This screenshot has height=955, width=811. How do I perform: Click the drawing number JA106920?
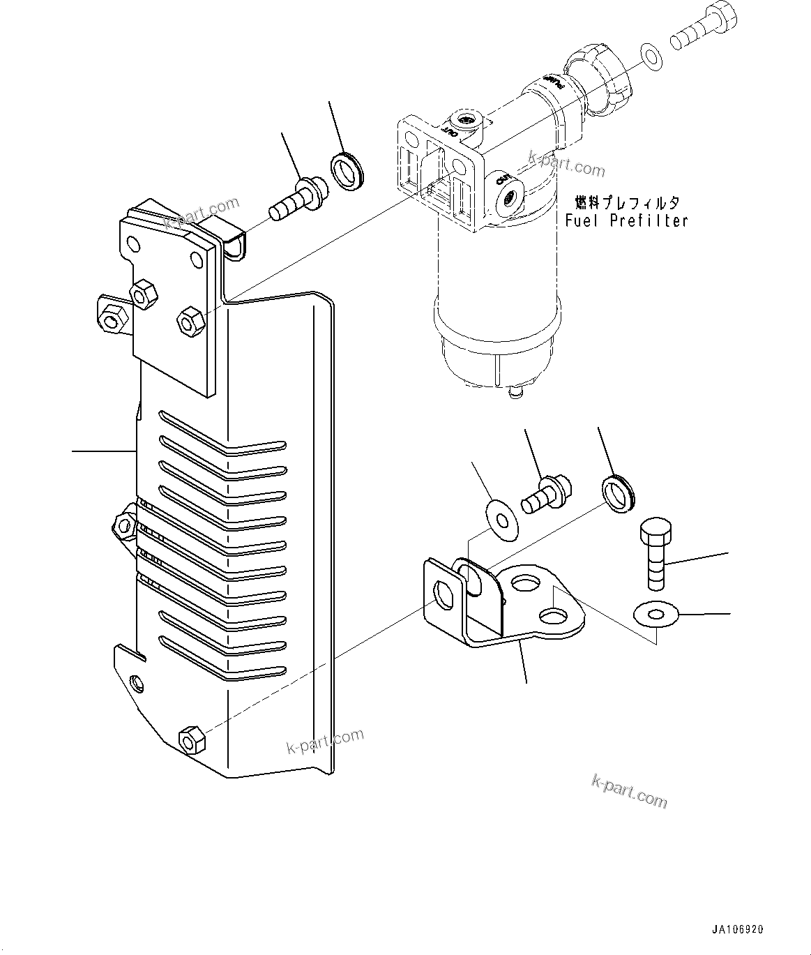pos(738,929)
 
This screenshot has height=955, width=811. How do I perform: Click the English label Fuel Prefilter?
pos(626,221)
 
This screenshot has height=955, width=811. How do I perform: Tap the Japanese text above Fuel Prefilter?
pos(626,203)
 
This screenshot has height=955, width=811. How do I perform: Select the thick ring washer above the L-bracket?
pos(617,491)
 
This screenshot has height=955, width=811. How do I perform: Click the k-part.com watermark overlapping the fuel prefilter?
pos(567,165)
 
